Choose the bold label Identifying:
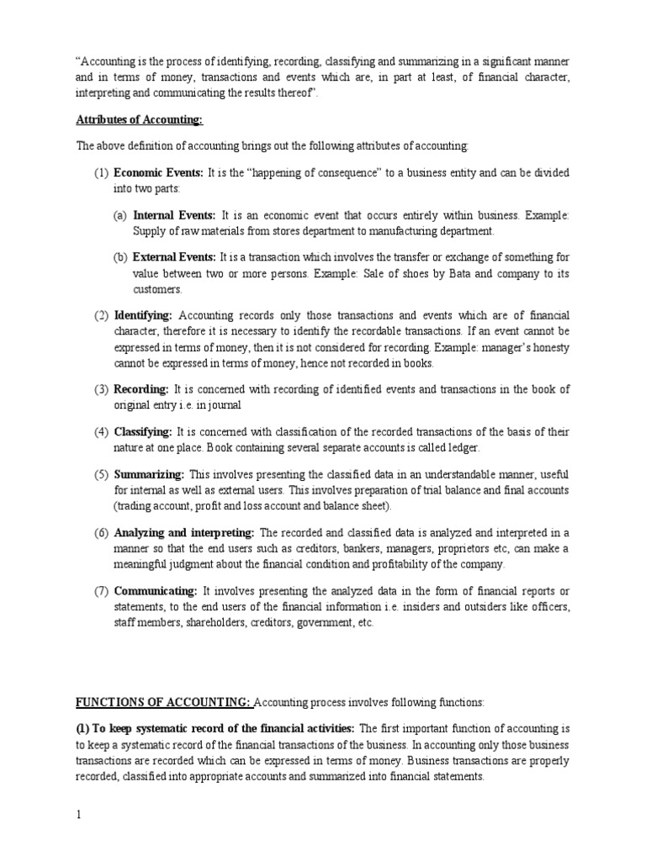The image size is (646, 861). click(x=143, y=315)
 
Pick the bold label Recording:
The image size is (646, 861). click(x=141, y=389)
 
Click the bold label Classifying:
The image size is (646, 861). click(x=143, y=432)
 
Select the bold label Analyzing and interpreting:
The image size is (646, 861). click(x=184, y=533)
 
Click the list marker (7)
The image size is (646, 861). click(x=101, y=591)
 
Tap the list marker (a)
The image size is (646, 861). click(x=120, y=215)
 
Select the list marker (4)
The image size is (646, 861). click(x=101, y=432)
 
